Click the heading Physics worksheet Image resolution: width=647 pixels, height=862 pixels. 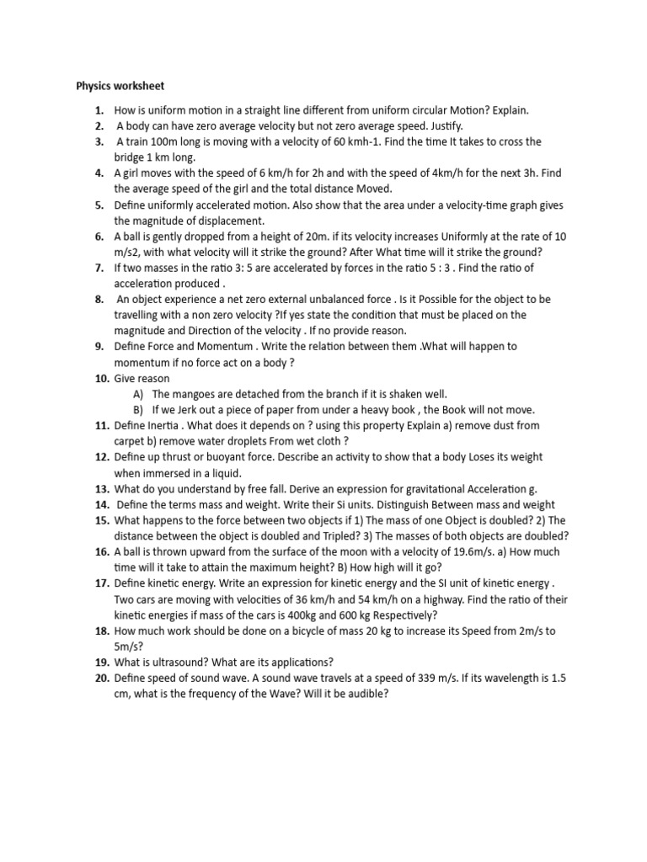coord(120,86)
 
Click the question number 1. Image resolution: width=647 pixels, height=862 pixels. coord(99,110)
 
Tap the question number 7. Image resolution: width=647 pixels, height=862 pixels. coord(99,268)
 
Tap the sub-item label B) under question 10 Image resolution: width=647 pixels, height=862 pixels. coord(138,410)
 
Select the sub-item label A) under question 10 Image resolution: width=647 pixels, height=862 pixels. coord(138,394)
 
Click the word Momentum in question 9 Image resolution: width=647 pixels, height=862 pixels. coord(223,347)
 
